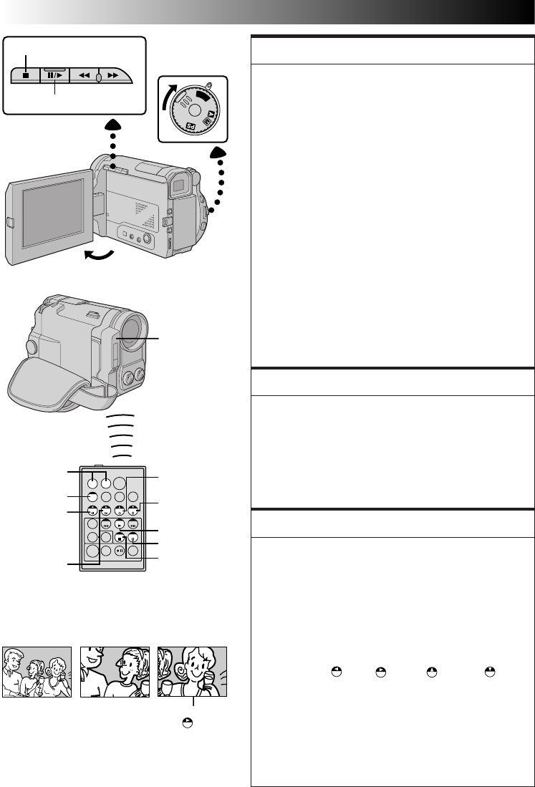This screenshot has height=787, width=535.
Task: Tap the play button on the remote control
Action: pos(120,525)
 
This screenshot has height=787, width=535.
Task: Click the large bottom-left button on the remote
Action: pos(92,551)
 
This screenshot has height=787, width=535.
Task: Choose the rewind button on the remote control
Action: pos(105,525)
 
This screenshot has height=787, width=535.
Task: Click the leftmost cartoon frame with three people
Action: pos(37,672)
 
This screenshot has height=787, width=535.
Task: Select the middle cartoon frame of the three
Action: pos(115,672)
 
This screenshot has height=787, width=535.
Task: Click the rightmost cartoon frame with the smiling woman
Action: pos(193,672)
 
